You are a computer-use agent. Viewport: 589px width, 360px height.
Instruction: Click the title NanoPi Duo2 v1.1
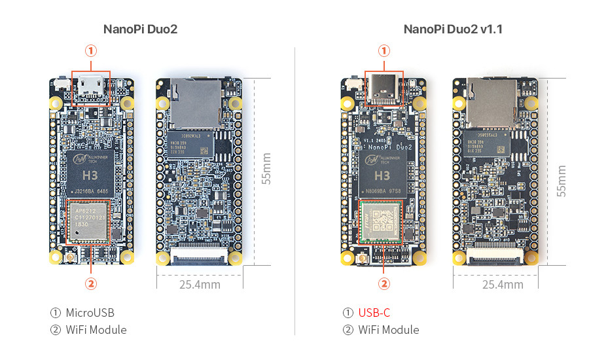click(453, 29)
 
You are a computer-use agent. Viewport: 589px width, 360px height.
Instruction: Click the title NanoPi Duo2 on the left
click(140, 29)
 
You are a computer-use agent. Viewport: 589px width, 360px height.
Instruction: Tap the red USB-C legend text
click(374, 313)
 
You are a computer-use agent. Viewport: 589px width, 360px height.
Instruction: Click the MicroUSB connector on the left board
click(91, 87)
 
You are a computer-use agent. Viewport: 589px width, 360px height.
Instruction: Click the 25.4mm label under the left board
click(200, 285)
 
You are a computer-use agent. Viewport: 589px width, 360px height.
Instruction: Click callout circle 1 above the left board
click(91, 50)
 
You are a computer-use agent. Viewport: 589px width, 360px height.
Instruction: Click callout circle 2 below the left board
click(91, 283)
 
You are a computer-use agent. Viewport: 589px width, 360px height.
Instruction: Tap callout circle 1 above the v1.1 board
click(384, 50)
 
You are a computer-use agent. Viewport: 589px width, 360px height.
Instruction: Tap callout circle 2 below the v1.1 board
click(384, 283)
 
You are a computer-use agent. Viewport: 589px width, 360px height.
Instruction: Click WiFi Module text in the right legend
click(389, 330)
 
